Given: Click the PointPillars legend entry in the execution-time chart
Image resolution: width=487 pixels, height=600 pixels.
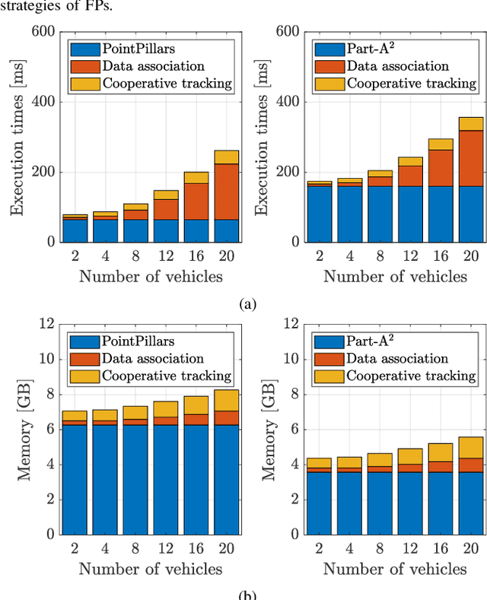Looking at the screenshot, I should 148,49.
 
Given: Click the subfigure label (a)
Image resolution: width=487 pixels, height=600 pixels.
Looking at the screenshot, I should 248,304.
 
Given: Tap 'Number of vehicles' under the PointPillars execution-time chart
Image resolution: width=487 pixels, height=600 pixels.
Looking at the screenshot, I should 150,276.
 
